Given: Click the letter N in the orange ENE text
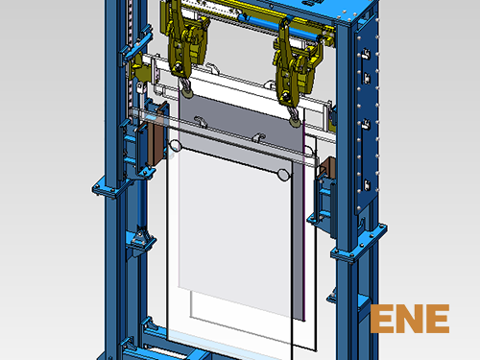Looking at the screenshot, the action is click(x=410, y=319).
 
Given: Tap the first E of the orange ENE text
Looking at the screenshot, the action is click(x=381, y=319).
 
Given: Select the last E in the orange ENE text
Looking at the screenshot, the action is click(x=439, y=319).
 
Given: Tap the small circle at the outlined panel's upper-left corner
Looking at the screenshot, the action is click(x=175, y=146).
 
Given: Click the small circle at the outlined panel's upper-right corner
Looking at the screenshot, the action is click(x=283, y=175).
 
